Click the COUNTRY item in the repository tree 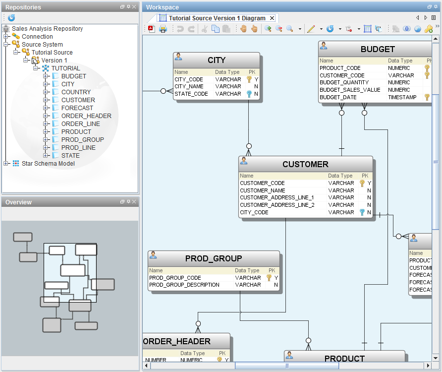(76, 92)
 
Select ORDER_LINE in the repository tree (80, 124)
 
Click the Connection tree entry (37, 36)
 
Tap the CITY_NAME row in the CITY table (189, 86)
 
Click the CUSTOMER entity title (305, 164)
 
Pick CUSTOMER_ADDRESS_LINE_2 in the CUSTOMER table (277, 205)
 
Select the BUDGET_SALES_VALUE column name (350, 90)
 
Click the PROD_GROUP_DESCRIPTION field (184, 285)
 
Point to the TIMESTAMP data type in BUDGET (402, 97)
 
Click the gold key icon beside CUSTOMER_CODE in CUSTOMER (362, 183)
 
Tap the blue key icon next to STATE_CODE (249, 94)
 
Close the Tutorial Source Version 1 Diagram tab (272, 18)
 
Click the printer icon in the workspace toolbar (163, 29)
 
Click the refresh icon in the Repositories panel (11, 18)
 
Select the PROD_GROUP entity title (214, 258)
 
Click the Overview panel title (18, 202)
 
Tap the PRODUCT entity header (344, 359)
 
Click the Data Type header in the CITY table (227, 72)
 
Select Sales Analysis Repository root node (47, 28)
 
